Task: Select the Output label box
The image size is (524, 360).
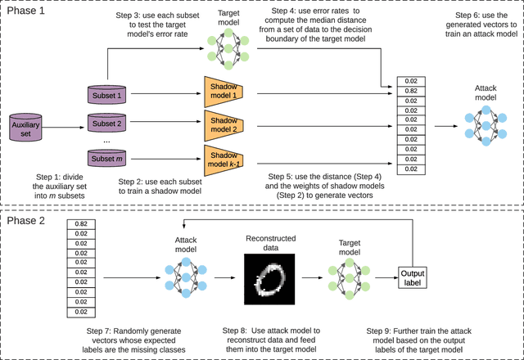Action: click(413, 277)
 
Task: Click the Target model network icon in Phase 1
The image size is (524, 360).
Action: click(223, 49)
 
